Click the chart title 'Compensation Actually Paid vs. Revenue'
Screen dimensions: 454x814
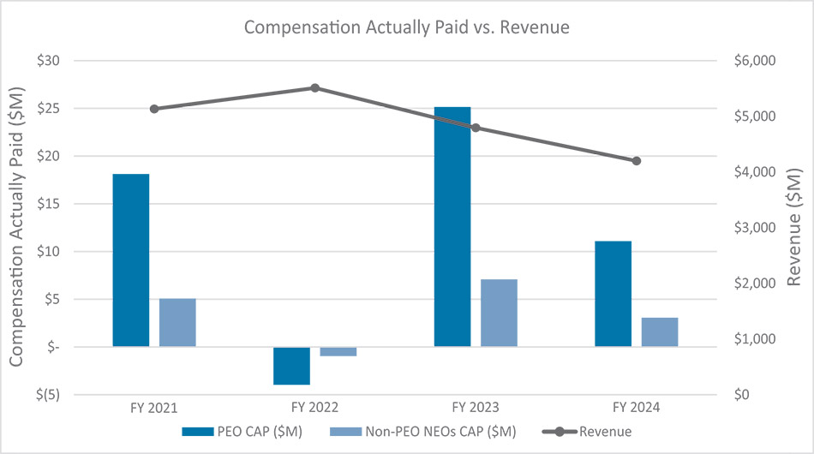(x=407, y=27)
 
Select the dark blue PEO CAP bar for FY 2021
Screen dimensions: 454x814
(x=131, y=260)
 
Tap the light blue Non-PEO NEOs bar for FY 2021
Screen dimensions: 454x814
(x=177, y=322)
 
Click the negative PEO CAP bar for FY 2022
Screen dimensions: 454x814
(x=291, y=366)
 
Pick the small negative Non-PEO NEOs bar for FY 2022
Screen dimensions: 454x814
(x=338, y=351)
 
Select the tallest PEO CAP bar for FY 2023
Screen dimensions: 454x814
(x=452, y=227)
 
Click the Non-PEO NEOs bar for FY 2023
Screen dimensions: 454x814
(x=499, y=313)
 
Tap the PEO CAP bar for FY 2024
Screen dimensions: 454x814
(x=613, y=294)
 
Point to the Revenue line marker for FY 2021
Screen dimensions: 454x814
(x=154, y=109)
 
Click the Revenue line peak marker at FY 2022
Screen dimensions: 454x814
(x=314, y=87)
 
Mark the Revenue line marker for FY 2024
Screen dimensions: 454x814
(x=636, y=161)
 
